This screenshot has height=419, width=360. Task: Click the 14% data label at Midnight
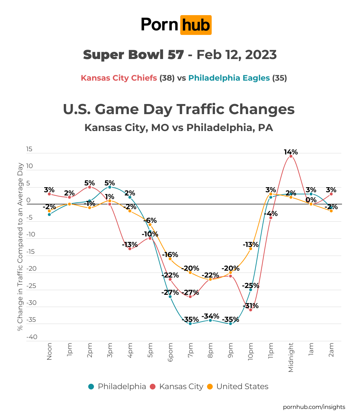coord(291,152)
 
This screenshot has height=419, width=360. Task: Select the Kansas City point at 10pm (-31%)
coord(251,310)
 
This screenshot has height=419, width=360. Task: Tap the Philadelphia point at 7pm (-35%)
coord(190,324)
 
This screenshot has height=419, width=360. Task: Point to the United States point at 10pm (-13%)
coord(251,249)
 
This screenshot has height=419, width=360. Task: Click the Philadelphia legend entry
coord(117,387)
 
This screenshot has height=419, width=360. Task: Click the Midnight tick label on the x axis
coord(291,357)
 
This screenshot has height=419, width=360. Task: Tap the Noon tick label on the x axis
coord(49,351)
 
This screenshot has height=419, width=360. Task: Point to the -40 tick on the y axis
coord(32,337)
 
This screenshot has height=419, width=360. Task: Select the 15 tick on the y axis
coord(29,149)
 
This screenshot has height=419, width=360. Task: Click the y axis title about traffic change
coord(20,247)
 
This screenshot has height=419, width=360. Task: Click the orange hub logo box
coord(195,25)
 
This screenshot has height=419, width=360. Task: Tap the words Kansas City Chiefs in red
coord(119,78)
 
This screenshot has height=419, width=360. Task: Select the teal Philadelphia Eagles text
coord(229,78)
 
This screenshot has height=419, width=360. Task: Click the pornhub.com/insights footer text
coord(314,407)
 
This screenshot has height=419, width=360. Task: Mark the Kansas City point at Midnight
coord(291,156)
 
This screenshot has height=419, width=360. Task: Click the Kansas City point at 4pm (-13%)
coord(130,249)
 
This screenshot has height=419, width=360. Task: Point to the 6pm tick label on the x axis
coord(170,353)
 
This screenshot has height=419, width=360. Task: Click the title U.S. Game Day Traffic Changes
coord(179,109)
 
